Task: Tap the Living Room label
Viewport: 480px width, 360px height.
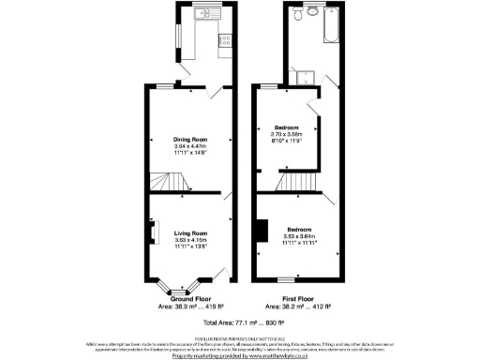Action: coord(190,232)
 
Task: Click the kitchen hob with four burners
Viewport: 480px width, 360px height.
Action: coord(225,39)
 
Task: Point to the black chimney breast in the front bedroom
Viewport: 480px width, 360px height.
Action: coord(264,231)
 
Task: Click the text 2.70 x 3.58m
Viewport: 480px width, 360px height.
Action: coord(286,134)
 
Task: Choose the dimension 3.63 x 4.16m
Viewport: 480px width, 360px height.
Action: coord(190,240)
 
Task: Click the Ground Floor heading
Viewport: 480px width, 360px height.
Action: coord(190,297)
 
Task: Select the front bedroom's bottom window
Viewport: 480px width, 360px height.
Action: coord(285,281)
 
